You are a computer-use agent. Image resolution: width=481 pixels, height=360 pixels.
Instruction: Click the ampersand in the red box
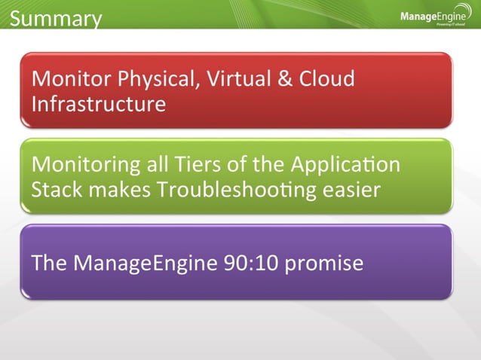coord(285,79)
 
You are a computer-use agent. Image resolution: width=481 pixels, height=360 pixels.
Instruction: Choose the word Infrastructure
coord(98,103)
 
